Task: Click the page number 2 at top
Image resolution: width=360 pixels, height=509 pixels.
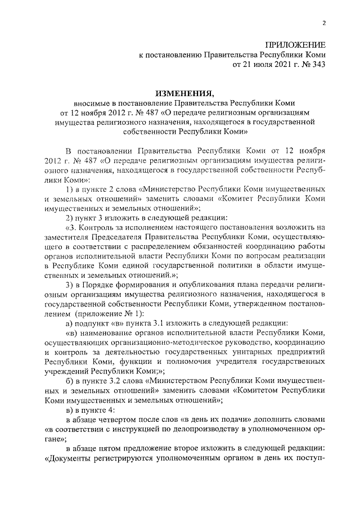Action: click(323, 23)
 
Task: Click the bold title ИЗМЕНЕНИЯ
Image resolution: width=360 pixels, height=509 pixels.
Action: click(184, 93)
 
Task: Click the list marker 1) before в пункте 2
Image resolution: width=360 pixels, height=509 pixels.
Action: click(71, 190)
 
